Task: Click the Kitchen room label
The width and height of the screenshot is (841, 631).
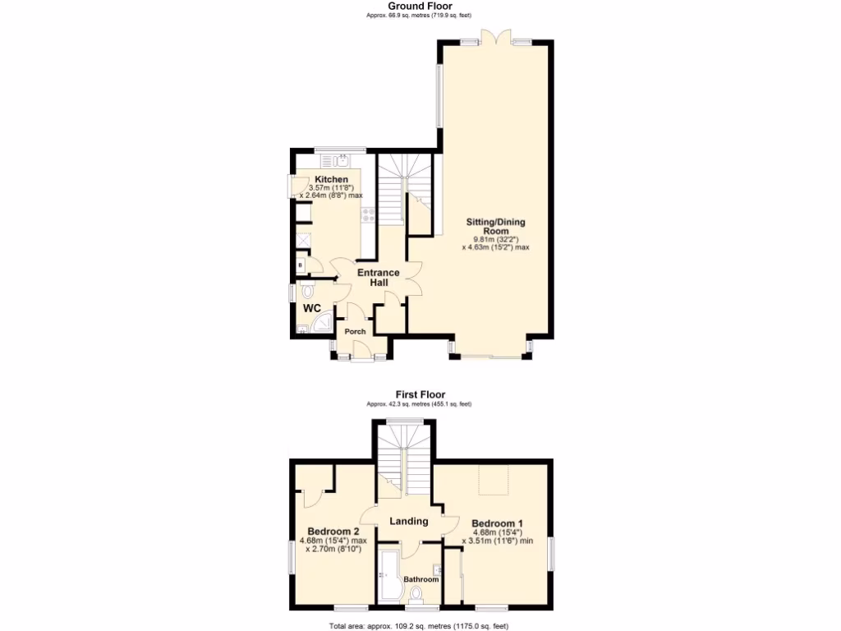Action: (x=332, y=179)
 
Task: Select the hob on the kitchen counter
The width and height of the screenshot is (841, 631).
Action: (x=368, y=215)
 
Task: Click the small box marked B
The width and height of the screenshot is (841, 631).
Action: (x=301, y=265)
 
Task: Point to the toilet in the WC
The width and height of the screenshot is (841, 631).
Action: (x=307, y=290)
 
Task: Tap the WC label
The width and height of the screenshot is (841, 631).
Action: (x=312, y=308)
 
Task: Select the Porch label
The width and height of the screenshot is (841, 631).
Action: (x=355, y=332)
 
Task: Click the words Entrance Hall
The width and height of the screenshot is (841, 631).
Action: (x=377, y=278)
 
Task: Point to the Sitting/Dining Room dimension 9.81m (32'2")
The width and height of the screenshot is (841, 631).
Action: (x=495, y=239)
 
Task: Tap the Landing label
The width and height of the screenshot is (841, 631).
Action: (x=408, y=521)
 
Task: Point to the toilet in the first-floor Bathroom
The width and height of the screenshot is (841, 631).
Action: (x=416, y=593)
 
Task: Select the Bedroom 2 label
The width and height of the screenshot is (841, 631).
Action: (x=333, y=531)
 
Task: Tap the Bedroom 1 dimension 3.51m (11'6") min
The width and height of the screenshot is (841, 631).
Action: (x=498, y=541)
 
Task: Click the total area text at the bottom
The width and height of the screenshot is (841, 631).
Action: (x=420, y=625)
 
